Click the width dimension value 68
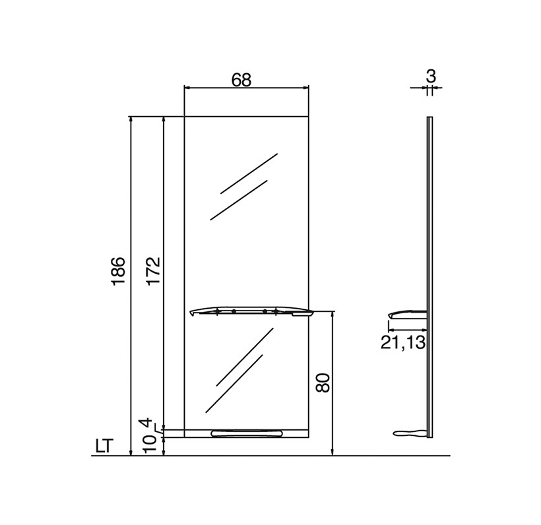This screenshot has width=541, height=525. coord(241,80)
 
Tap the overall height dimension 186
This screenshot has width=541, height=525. coord(118,271)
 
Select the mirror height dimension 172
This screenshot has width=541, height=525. coord(153,271)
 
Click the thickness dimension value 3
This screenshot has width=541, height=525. coord(431,76)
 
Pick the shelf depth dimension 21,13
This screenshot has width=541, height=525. coord(403,342)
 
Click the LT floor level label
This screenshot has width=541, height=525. coord(104,446)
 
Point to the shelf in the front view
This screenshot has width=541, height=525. coord(252,311)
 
